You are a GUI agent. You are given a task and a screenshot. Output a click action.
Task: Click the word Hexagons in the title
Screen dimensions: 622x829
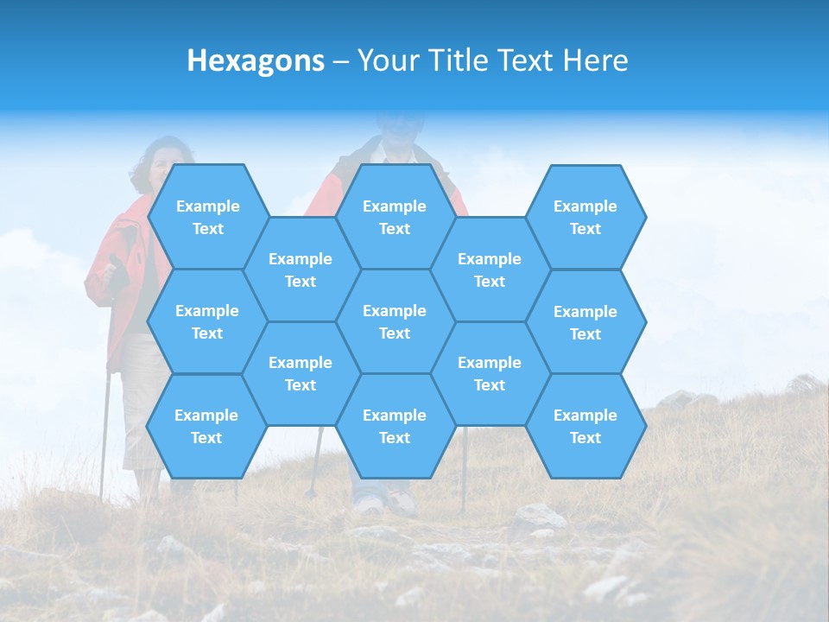click(256, 60)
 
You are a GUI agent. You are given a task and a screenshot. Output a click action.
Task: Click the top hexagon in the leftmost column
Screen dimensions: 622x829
click(207, 217)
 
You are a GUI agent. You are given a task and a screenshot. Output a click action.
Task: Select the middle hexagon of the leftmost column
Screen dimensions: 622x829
click(207, 321)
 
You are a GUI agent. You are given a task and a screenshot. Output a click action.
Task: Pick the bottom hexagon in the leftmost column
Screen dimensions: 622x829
click(206, 426)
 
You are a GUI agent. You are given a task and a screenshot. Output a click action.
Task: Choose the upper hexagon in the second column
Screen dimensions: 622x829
click(301, 270)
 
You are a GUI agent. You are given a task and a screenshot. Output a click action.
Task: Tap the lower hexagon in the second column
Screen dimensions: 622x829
click(301, 373)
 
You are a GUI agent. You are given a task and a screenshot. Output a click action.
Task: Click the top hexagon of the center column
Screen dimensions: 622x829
click(395, 217)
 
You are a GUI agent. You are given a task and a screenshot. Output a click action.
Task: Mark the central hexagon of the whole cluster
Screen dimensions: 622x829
click(395, 321)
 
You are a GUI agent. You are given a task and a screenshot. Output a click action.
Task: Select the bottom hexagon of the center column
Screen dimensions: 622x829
click(395, 426)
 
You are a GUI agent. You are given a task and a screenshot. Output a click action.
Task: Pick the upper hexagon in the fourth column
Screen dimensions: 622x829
click(490, 270)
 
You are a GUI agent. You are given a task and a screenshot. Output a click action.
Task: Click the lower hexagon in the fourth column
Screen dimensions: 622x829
click(490, 373)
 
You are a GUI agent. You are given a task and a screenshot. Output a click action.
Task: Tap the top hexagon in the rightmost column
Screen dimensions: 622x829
click(585, 217)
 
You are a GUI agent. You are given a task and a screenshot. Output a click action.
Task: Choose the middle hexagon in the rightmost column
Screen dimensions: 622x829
click(585, 322)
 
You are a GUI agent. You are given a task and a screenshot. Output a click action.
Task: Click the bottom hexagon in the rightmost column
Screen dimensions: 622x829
click(585, 426)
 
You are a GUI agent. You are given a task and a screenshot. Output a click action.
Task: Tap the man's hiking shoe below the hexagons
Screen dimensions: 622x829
click(402, 501)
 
